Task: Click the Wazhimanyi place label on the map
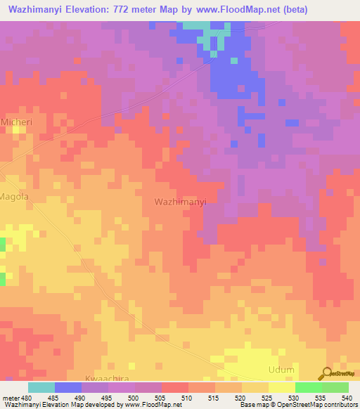point(179,202)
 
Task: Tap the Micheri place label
point(17,122)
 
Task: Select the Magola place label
point(14,197)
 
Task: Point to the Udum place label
point(281,370)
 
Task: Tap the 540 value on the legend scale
point(345,398)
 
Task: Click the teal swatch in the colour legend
point(41,387)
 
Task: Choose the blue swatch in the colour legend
point(68,387)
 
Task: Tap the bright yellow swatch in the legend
point(282,387)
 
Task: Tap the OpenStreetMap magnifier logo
point(326,374)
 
